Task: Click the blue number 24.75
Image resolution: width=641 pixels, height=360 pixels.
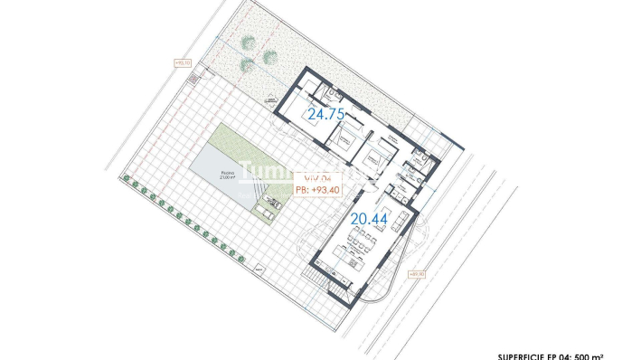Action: (326, 115)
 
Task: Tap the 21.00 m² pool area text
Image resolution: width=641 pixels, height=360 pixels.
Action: (228, 178)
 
